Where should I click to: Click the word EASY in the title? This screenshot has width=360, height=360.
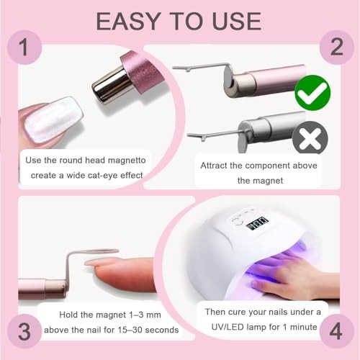pos(128,21)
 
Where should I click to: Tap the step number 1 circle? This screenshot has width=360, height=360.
pos(24,48)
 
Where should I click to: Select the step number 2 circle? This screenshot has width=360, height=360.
pos(336,48)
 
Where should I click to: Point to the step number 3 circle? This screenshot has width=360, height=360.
pos(24,331)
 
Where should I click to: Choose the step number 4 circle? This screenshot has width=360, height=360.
pos(336,331)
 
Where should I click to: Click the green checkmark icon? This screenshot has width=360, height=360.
pos(312,93)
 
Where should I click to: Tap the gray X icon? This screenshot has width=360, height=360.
pos(310,138)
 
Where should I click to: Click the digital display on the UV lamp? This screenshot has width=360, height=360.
pos(257,223)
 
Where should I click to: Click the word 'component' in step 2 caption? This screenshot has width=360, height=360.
pos(268,166)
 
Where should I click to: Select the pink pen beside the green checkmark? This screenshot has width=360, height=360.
pos(265,81)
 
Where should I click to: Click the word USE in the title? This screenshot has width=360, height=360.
pos(237,21)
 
